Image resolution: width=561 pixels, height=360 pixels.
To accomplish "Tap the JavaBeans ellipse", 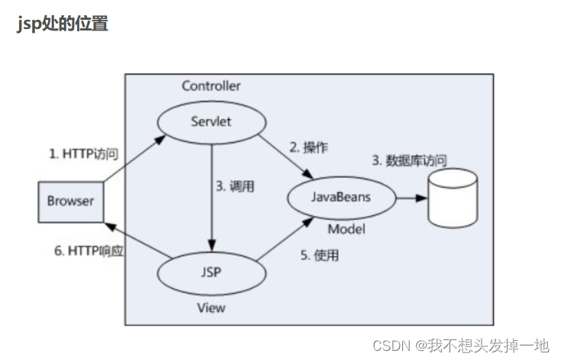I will [x=341, y=198].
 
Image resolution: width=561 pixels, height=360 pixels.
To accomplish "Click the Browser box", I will [x=70, y=201].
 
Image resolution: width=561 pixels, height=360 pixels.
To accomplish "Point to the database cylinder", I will [x=452, y=198].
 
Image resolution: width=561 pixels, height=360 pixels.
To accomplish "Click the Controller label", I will [x=211, y=85].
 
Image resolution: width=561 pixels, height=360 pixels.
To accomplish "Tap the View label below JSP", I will [x=211, y=307].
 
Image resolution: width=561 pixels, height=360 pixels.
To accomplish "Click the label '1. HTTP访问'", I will [x=84, y=153].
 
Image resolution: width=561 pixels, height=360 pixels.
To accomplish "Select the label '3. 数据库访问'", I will [x=409, y=160].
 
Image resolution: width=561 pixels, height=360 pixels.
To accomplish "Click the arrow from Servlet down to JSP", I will [x=211, y=198].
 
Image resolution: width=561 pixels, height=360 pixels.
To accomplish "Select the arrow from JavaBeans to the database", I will [x=411, y=198].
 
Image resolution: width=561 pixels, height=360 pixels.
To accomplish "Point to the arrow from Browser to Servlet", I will [x=134, y=159].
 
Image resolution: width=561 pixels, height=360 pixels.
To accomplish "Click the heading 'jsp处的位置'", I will [x=62, y=23].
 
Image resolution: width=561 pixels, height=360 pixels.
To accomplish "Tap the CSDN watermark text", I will [x=461, y=346].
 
